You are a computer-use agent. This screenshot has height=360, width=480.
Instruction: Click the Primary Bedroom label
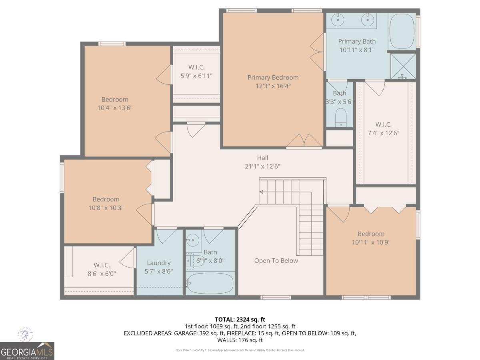tap(273, 78)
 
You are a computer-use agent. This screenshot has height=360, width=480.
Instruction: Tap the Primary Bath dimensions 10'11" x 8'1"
tap(357, 50)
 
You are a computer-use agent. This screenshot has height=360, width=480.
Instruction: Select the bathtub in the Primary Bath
tap(402, 32)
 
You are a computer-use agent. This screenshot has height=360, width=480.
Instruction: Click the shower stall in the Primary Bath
tap(403, 66)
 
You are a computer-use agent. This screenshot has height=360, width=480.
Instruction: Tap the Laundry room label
tap(158, 263)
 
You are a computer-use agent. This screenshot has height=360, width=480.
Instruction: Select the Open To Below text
tap(276, 261)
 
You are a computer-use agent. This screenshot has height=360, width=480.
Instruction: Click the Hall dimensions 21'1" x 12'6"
tap(263, 166)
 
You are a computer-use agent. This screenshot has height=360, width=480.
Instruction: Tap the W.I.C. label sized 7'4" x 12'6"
tap(383, 124)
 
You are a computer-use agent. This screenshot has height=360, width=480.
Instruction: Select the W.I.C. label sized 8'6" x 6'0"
tap(102, 265)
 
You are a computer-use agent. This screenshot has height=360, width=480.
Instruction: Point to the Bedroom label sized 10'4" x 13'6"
tap(115, 99)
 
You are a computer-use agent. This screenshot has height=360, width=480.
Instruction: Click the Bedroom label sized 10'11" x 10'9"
tap(371, 234)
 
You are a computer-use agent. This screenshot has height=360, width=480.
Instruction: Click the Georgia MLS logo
tap(27, 350)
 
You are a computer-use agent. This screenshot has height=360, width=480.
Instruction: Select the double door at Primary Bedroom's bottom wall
tap(305, 141)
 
